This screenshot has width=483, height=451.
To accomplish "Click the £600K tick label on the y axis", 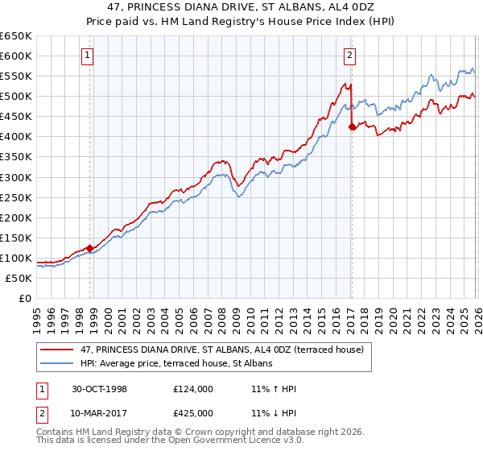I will (x=15, y=56).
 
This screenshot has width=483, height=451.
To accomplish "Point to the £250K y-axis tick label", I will (x=15, y=197).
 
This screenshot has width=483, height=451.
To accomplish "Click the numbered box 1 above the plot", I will (x=87, y=56).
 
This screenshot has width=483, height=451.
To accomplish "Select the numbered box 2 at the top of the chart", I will (x=350, y=56).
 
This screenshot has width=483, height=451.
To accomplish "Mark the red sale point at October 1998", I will (x=90, y=248).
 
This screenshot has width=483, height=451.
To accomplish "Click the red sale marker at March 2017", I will (x=352, y=126).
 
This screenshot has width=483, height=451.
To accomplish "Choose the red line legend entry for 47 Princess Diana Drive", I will (x=221, y=350).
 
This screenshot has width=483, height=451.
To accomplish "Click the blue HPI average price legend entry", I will (x=177, y=363).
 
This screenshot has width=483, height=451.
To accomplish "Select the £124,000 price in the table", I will (x=193, y=388).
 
